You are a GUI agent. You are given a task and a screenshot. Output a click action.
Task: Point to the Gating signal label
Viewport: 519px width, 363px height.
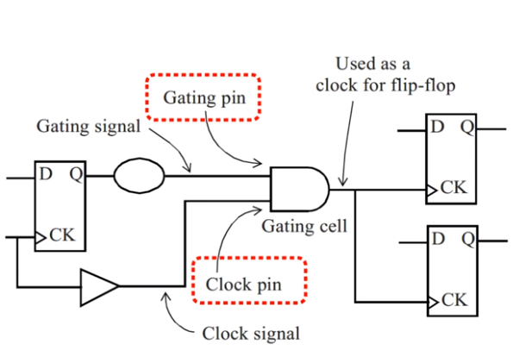88,127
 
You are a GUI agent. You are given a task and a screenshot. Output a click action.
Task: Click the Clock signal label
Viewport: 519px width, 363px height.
251,333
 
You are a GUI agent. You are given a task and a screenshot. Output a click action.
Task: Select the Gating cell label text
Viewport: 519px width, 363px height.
305,227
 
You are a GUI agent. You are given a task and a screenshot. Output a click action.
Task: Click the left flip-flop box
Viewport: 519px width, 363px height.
59,205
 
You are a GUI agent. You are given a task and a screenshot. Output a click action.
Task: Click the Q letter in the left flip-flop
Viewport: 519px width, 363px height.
75,174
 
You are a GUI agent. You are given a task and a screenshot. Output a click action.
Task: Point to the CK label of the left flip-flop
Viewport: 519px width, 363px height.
62,234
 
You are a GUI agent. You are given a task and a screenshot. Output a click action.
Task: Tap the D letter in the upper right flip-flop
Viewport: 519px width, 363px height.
437,128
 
